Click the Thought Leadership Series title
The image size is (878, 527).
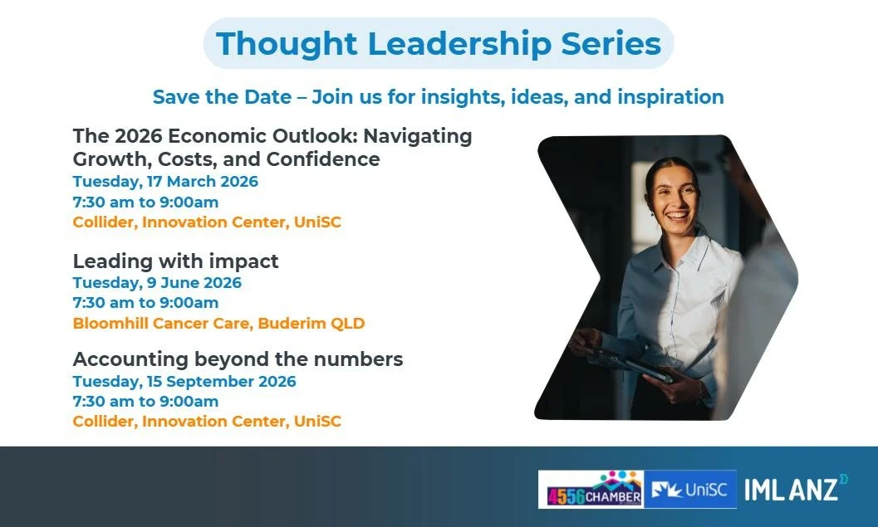[x=439, y=43]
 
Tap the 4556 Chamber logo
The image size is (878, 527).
[x=591, y=490]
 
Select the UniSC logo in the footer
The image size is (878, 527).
[x=689, y=490]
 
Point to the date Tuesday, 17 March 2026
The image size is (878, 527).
[x=165, y=182]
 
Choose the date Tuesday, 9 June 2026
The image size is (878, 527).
[x=157, y=282]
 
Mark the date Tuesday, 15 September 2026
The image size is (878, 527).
[x=184, y=382]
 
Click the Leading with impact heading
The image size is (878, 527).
[x=175, y=261]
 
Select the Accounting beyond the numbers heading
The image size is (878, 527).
[x=238, y=359]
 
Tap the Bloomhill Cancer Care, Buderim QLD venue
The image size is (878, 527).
[x=218, y=323]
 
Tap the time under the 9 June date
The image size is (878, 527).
[x=145, y=303]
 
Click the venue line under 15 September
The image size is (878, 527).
[x=207, y=422]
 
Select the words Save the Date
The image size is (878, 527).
[x=222, y=97]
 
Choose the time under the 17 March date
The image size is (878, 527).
[x=145, y=202]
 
